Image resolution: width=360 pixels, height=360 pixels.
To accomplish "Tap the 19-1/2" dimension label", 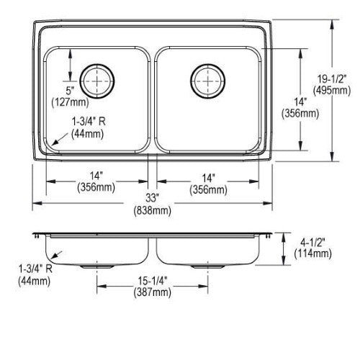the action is [x=332, y=78].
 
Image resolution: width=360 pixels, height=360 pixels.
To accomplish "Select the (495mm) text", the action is [x=332, y=91].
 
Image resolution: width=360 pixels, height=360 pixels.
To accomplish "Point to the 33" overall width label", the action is [x=153, y=199].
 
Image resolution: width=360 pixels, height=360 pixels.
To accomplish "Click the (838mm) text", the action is [x=153, y=210].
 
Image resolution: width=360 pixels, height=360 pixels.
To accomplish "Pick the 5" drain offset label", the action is [x=70, y=91].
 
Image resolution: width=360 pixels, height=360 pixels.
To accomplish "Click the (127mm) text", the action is [x=71, y=102].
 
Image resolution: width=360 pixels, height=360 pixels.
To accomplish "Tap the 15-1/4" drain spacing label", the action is [x=153, y=281].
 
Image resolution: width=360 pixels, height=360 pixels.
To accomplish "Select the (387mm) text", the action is [x=153, y=292].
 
